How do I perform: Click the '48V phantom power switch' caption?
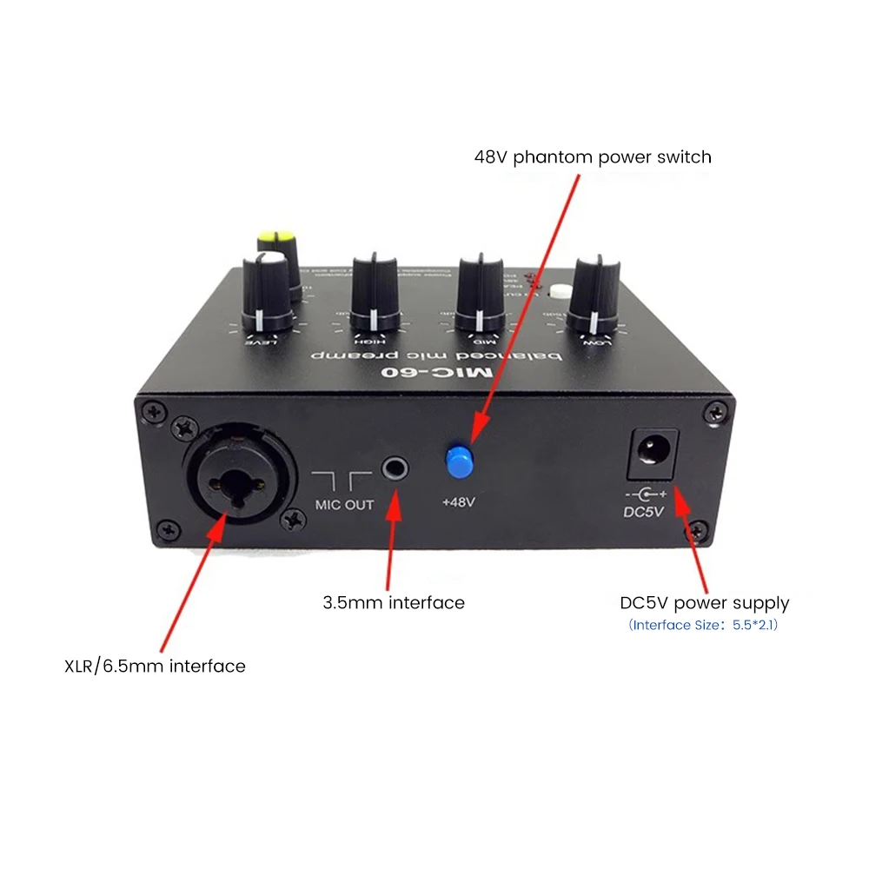click(593, 157)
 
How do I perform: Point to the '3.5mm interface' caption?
click(394, 602)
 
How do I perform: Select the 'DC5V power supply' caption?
click(705, 602)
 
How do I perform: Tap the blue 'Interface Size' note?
click(703, 625)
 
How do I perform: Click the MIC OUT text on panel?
click(343, 504)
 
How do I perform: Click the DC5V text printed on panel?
click(644, 511)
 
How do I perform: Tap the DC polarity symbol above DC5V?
click(644, 494)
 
